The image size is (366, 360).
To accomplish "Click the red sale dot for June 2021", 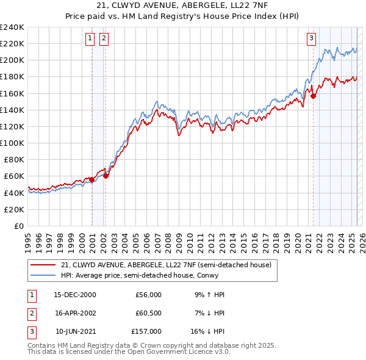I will (313, 96).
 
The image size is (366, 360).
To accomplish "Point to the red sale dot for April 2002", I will (106, 176).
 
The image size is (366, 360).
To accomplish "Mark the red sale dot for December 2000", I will (91, 179).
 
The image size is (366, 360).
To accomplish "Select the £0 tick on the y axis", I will (19, 226).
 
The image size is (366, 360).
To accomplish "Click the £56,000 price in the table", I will (148, 295).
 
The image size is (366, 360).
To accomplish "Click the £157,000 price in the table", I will (146, 331).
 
